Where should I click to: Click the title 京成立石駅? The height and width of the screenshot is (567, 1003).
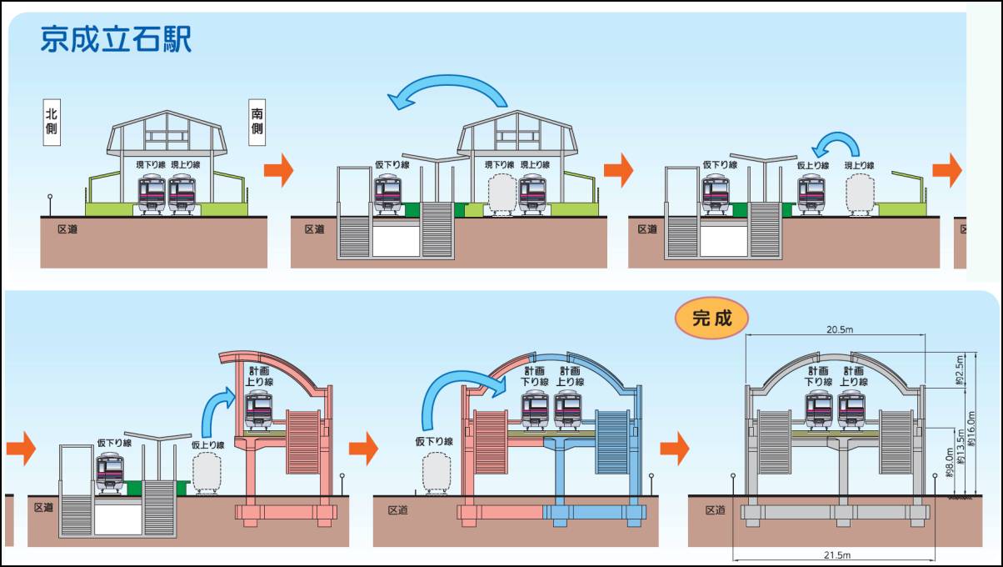click(x=116, y=38)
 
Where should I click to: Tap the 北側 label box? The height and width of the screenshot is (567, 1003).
click(x=52, y=123)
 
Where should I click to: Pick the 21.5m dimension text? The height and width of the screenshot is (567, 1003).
click(x=837, y=555)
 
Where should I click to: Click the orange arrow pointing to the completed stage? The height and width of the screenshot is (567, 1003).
click(x=675, y=449)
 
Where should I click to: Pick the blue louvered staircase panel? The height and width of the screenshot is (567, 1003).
click(x=612, y=442)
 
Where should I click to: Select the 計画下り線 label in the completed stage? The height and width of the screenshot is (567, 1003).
click(x=818, y=376)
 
